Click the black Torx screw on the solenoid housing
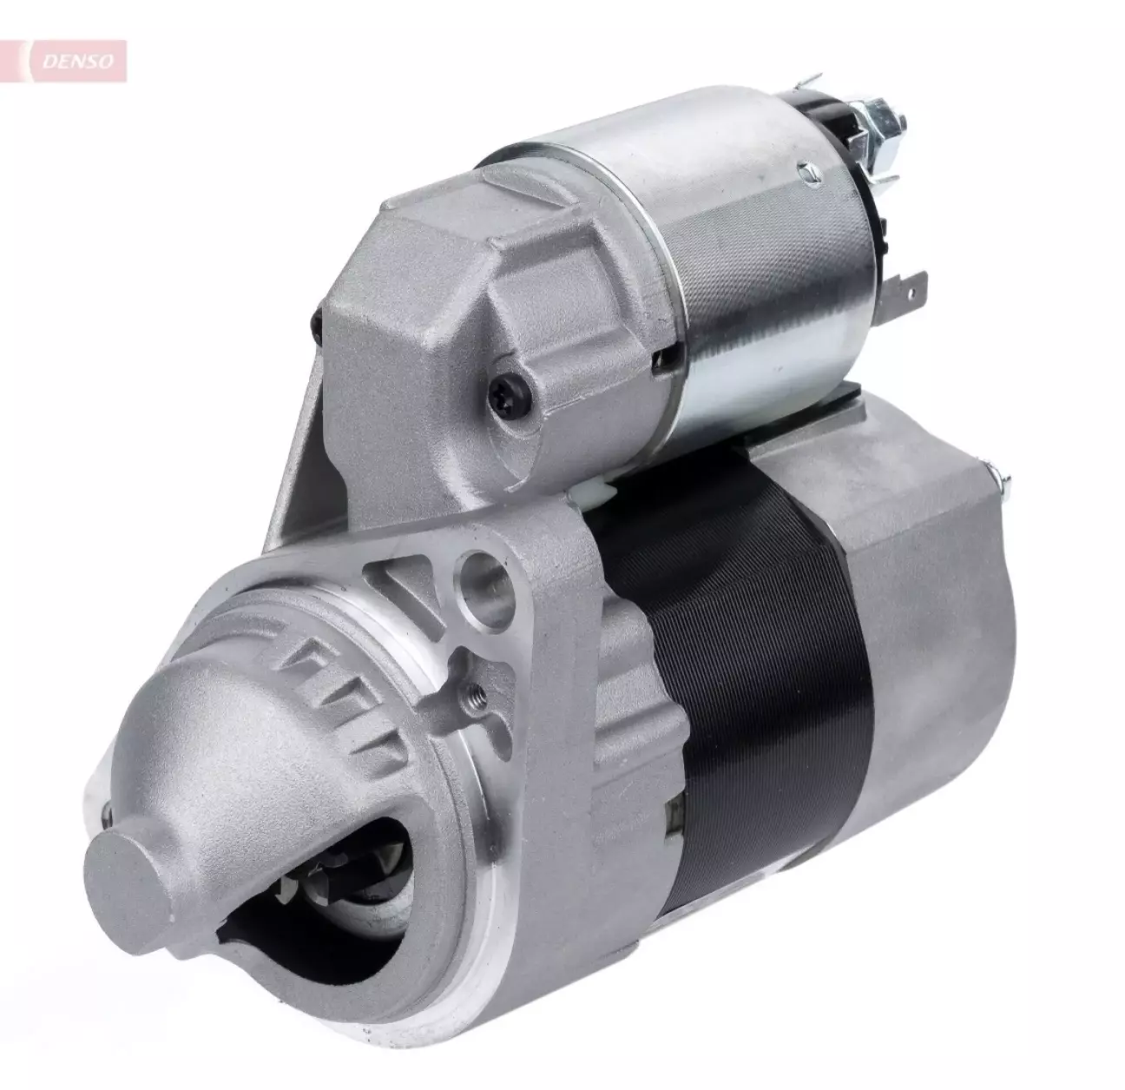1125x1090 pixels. [510, 395]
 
